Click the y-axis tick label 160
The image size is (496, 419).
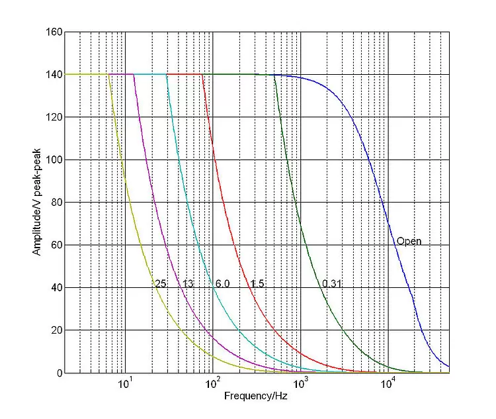54,32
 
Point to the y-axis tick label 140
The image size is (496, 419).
54,75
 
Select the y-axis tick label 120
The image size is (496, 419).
54,117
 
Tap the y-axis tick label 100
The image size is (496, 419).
54,160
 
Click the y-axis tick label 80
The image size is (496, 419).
56,203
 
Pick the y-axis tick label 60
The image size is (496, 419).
56,245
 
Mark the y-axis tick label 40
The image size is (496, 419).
56,288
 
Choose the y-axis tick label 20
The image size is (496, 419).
56,330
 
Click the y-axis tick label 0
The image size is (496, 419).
59,373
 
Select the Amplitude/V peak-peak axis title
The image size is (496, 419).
37,203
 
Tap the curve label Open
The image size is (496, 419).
409,242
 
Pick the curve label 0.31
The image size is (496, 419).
332,284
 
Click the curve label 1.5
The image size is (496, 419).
257,284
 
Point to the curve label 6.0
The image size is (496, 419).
222,284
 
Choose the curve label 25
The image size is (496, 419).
160,284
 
